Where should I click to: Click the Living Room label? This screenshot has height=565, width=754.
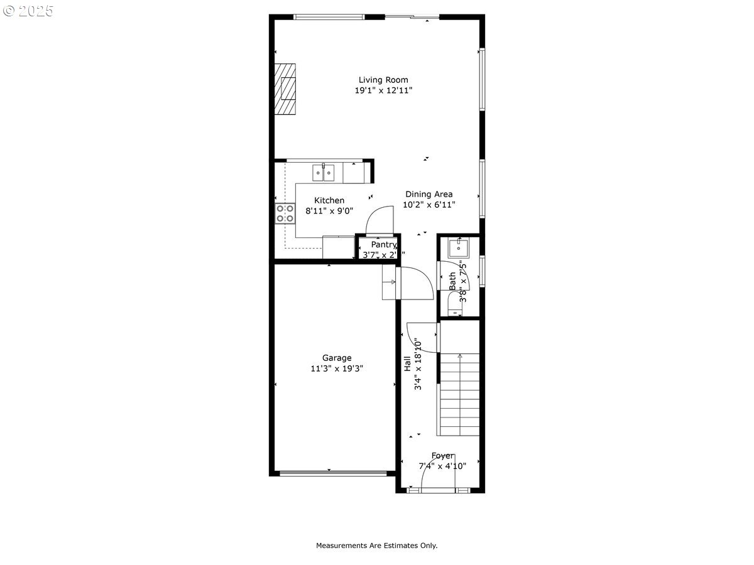(383, 80)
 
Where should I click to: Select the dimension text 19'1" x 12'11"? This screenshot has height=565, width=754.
(383, 90)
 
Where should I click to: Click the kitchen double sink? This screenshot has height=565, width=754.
(324, 172)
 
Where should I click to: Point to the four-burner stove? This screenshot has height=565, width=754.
(285, 214)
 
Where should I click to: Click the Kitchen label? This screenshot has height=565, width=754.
(329, 200)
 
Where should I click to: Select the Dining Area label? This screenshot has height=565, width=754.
(429, 194)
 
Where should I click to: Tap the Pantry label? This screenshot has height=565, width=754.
(383, 244)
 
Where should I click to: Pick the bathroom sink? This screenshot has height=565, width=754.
(458, 249)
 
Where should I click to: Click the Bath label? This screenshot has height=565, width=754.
(452, 281)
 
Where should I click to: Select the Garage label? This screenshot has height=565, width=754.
(337, 358)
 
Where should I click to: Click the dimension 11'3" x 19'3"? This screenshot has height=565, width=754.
(337, 369)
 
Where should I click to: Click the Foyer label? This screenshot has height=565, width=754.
(442, 455)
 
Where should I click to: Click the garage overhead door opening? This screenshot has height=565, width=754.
(329, 473)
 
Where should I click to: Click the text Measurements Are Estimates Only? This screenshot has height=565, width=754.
(376, 546)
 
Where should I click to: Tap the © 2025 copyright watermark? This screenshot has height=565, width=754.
(28, 11)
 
